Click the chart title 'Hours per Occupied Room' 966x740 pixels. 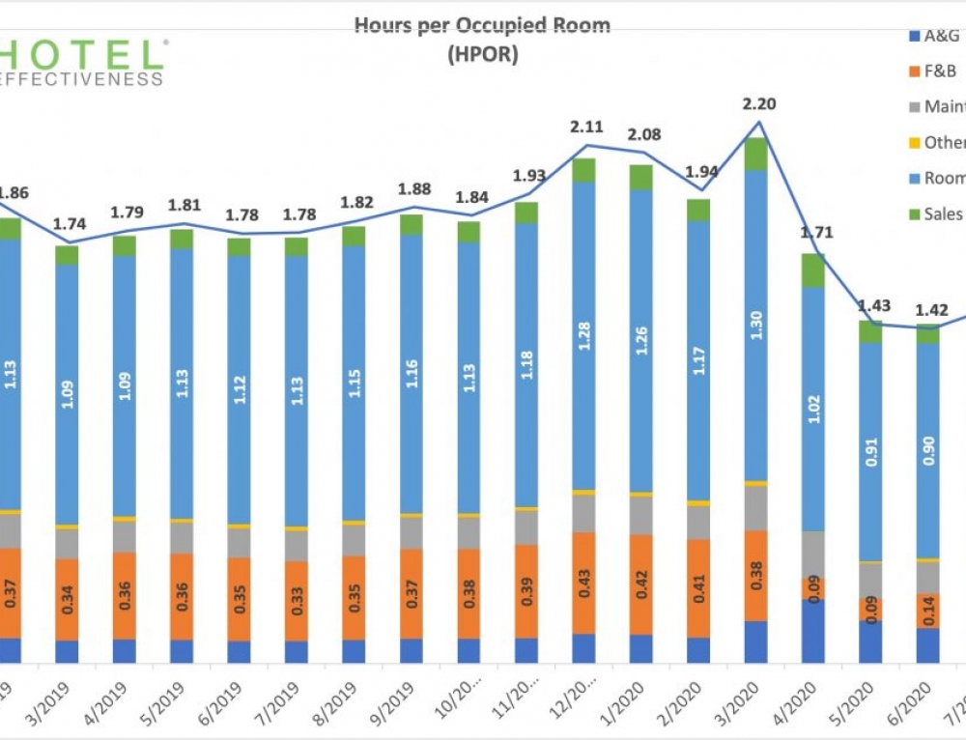[483, 24]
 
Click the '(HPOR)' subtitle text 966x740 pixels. [483, 55]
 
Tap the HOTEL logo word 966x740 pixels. [81, 53]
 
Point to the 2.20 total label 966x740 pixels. [760, 104]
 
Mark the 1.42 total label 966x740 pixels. [927, 310]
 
